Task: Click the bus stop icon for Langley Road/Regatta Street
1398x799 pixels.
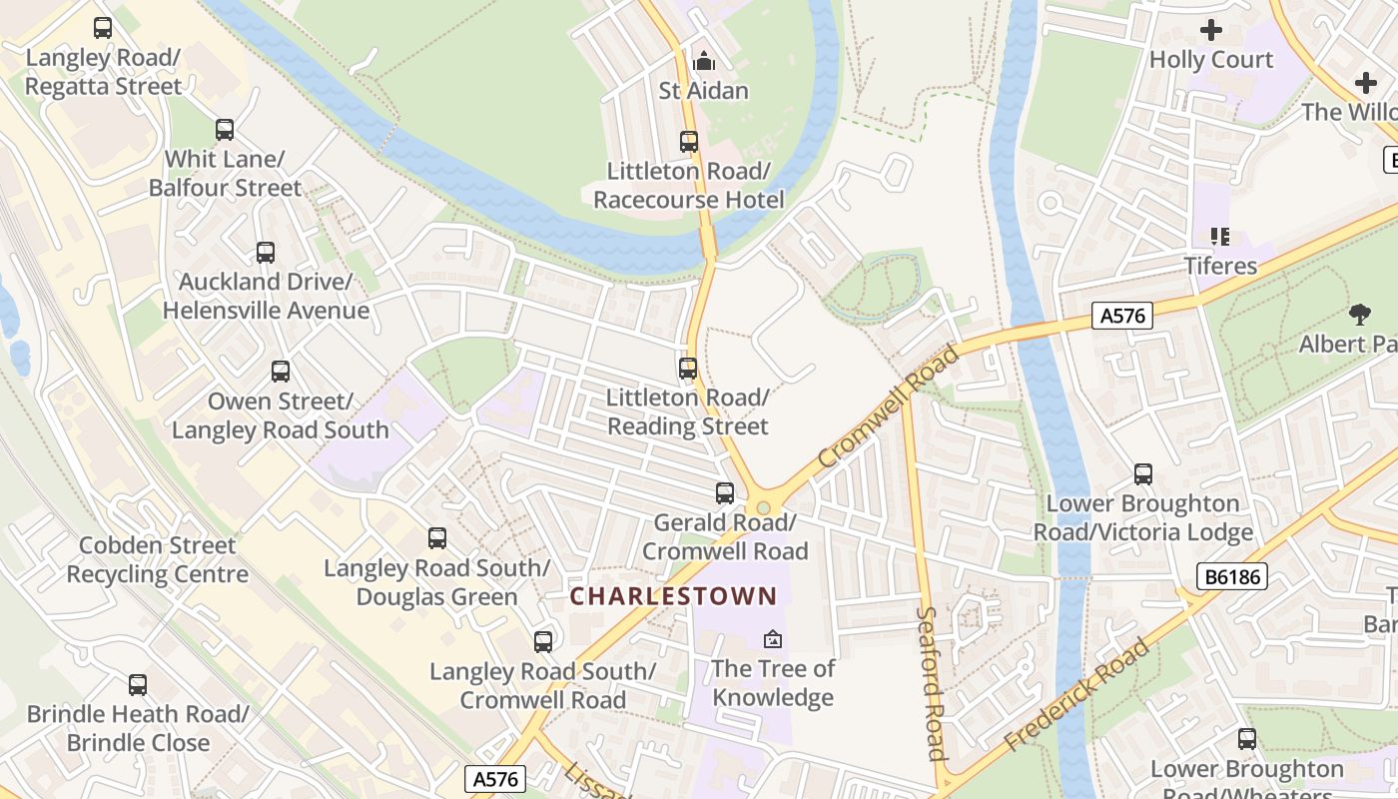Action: click(x=103, y=28)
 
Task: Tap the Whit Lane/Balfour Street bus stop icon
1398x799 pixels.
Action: click(x=225, y=130)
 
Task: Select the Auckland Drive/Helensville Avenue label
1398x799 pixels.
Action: click(x=266, y=297)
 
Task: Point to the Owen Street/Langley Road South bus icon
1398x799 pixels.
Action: click(x=281, y=372)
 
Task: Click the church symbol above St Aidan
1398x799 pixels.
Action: click(x=704, y=61)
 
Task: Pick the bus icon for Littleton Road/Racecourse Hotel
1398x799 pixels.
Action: click(x=689, y=142)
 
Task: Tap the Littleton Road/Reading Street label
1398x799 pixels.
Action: click(x=688, y=412)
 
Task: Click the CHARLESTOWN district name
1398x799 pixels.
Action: click(x=673, y=596)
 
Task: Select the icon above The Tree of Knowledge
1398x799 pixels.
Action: click(x=772, y=639)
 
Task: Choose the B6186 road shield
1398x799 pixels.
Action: click(x=1231, y=576)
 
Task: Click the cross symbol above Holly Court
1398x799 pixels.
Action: click(x=1211, y=30)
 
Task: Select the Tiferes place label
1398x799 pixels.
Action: click(x=1220, y=266)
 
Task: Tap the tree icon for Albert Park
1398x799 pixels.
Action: click(x=1359, y=315)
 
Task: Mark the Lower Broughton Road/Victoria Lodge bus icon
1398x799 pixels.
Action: click(x=1143, y=474)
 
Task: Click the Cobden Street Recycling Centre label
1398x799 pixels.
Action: click(x=158, y=559)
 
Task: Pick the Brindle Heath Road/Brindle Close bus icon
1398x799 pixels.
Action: click(x=138, y=685)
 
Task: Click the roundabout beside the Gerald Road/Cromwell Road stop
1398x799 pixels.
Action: click(x=764, y=507)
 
